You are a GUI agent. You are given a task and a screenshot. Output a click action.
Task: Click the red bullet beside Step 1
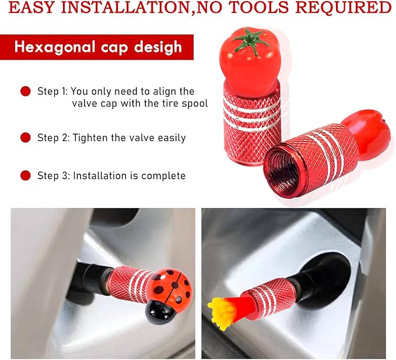[x=26, y=91]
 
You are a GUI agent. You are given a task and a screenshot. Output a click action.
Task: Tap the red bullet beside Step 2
[x=26, y=137]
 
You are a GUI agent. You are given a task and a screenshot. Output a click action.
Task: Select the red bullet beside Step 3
[x=26, y=175]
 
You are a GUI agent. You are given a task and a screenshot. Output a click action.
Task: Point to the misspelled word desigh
[x=158, y=47]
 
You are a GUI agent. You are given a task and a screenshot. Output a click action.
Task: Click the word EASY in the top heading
[x=31, y=8]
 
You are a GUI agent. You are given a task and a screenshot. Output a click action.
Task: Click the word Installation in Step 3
[x=100, y=175]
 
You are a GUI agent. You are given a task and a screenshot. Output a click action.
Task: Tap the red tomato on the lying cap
[x=366, y=134]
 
